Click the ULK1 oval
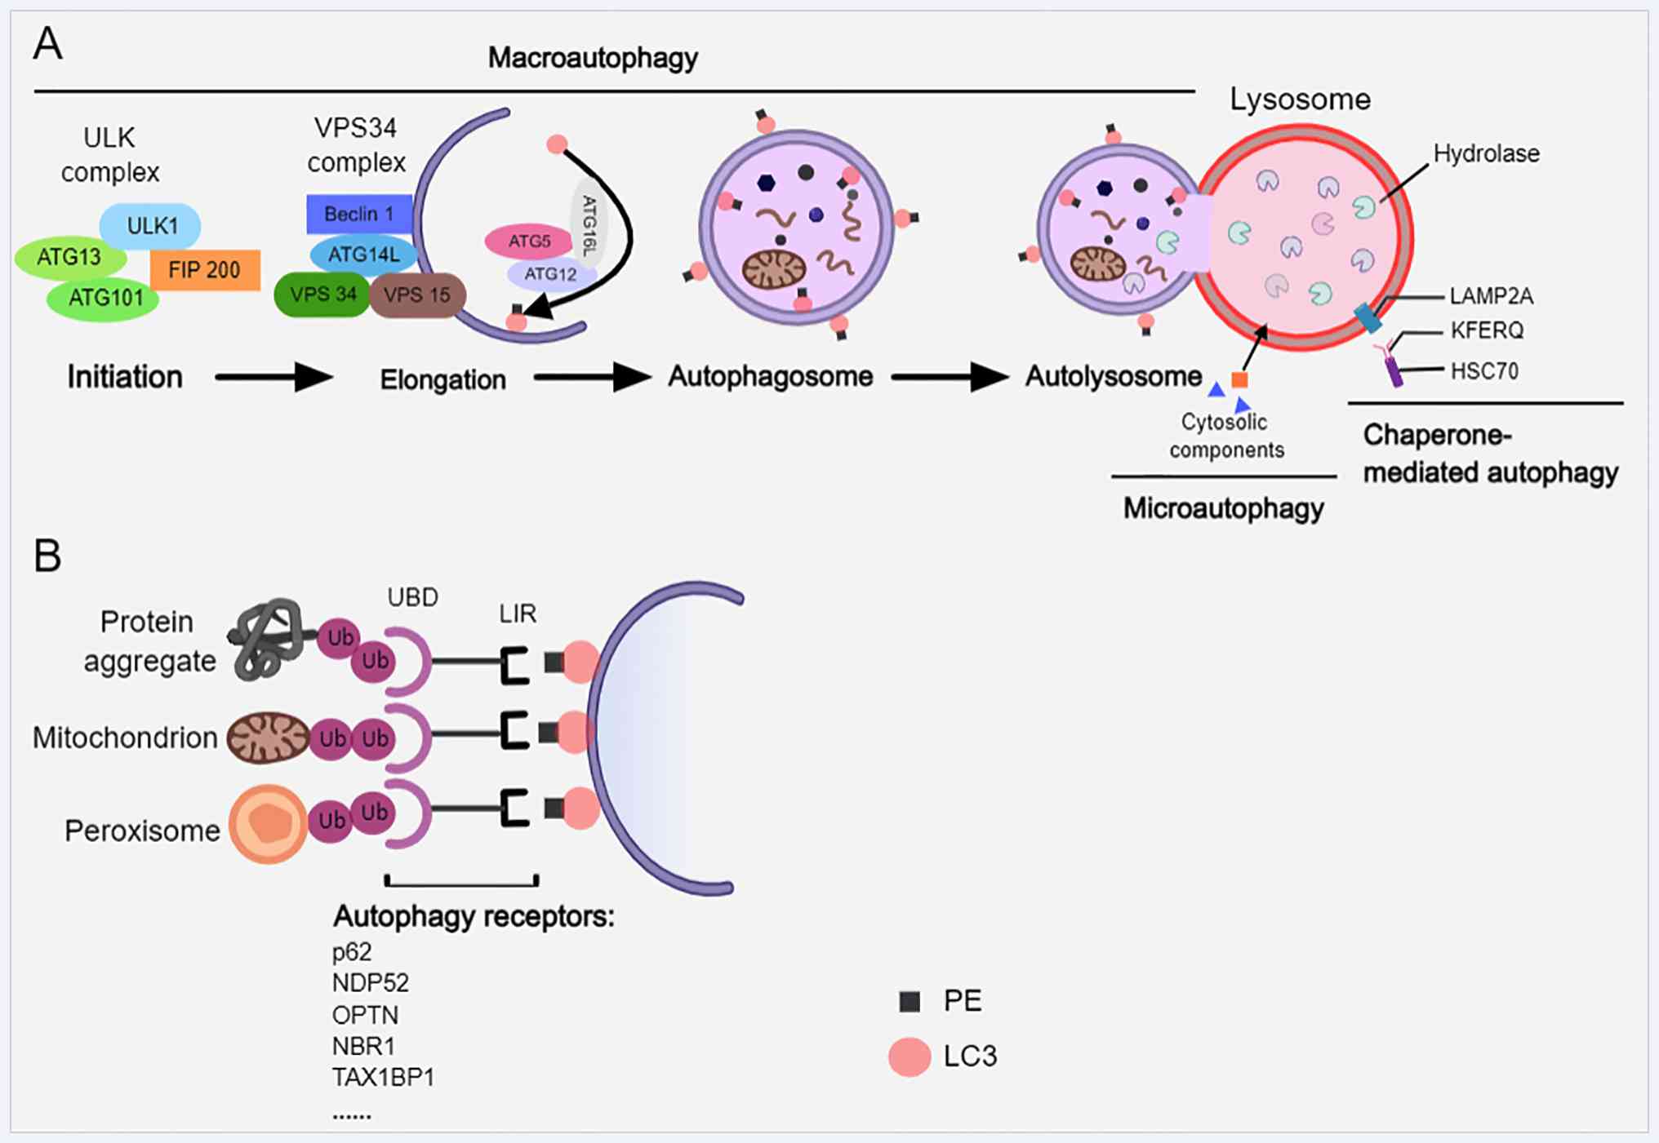[151, 226]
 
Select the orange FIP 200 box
[205, 270]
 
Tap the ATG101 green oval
[104, 298]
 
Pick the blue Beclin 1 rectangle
[359, 214]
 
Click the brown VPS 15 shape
[417, 295]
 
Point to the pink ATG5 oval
[529, 241]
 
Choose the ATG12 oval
[550, 274]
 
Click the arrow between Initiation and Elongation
[274, 378]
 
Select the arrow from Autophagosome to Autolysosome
[950, 378]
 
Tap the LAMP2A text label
[1491, 296]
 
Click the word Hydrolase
[1486, 153]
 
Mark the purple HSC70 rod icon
[1394, 372]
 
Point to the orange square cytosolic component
[1239, 379]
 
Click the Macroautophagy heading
[593, 58]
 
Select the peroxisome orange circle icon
[268, 824]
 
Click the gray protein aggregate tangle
[266, 639]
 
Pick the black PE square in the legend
[910, 1002]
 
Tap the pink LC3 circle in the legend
[910, 1057]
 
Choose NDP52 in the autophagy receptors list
[371, 983]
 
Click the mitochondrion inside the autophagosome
[774, 269]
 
